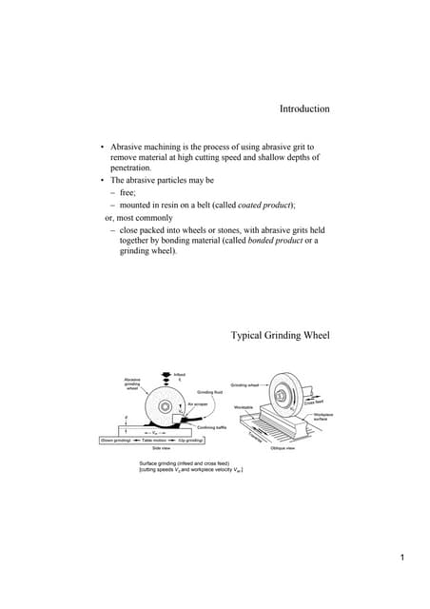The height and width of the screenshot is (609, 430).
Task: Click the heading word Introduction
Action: [x=304, y=109]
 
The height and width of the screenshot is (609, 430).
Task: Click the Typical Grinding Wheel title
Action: [x=281, y=336]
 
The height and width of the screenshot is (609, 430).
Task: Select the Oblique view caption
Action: [x=286, y=447]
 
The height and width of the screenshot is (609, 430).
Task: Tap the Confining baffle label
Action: [x=211, y=428]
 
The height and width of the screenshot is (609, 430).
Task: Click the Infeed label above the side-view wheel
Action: [x=180, y=374]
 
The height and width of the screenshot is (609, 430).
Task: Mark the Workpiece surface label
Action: [x=324, y=417]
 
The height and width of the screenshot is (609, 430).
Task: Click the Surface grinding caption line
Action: [x=186, y=462]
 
